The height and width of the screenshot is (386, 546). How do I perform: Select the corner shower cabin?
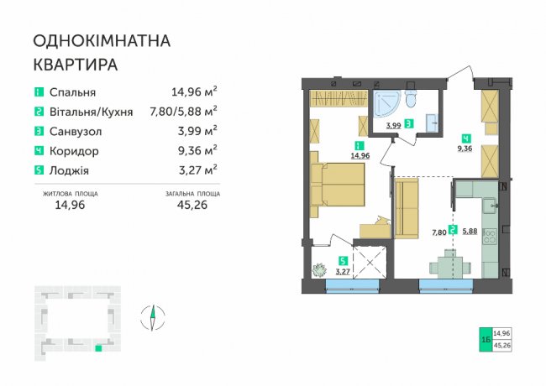pos(386,104)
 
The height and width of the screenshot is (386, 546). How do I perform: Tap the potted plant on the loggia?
pos(319,270)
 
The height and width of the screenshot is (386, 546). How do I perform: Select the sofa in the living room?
pos(406,208)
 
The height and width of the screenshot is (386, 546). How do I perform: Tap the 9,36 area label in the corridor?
pos(465,149)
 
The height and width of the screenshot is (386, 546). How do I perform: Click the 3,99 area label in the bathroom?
pos(393,125)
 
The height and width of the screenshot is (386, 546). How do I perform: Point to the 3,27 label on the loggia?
pos(343,271)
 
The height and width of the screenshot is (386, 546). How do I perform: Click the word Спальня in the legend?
pos(72,92)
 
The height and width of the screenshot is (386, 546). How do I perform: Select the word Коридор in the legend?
pos(74,151)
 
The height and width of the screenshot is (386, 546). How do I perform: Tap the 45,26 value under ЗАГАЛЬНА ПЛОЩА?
pos(192,205)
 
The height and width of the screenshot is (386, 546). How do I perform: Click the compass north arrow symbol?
pos(153,317)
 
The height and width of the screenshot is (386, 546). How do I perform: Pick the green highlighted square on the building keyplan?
pos(98,347)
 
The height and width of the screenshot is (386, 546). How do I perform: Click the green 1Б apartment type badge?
pos(486,339)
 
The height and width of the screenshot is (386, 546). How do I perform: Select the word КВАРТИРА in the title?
pos(76,65)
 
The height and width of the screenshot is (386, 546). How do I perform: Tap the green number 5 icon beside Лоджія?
pos(39,170)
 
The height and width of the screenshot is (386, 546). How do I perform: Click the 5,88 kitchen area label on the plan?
pos(470,231)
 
